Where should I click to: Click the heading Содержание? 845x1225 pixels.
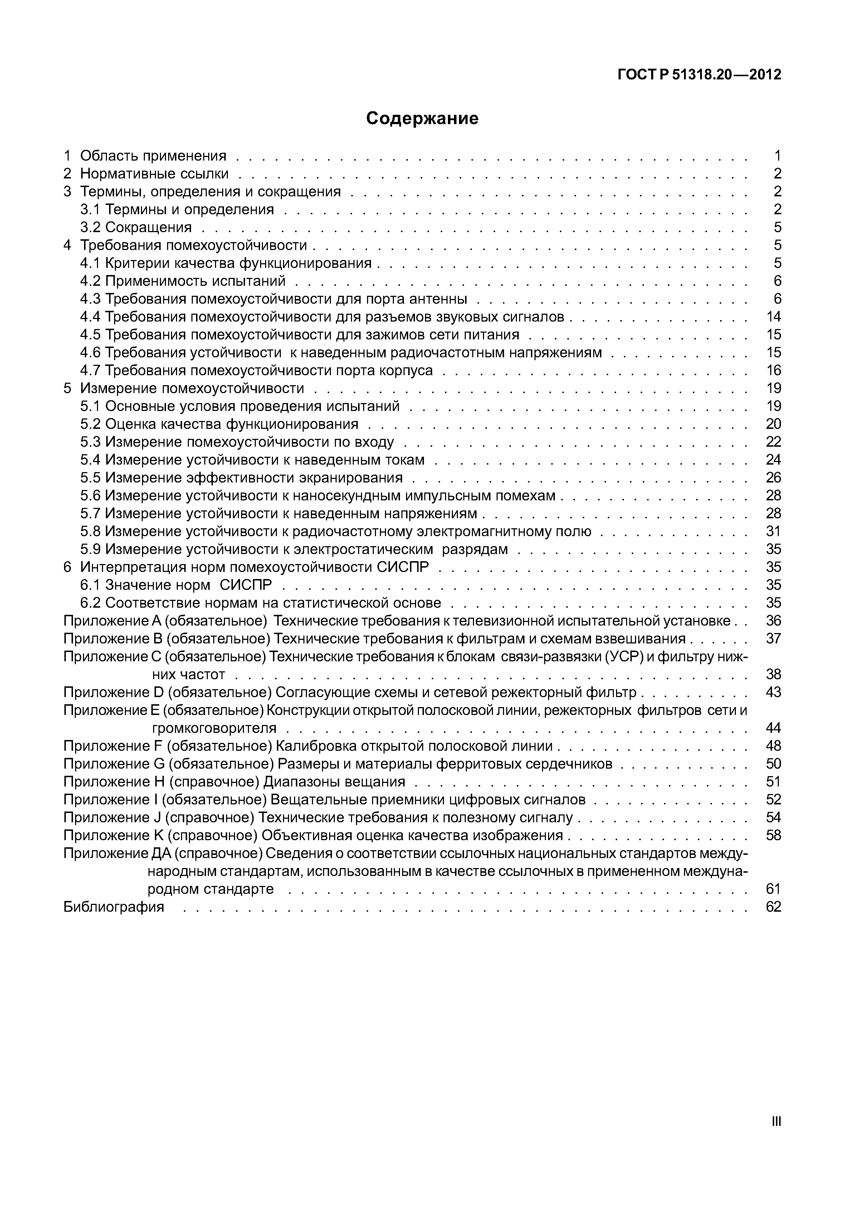[422, 118]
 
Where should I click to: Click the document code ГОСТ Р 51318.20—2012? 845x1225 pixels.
[699, 75]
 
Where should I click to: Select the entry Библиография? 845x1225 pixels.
[114, 907]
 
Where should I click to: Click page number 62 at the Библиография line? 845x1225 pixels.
[773, 907]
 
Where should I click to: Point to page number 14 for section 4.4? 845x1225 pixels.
[773, 317]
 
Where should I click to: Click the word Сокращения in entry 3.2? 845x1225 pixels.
[148, 227]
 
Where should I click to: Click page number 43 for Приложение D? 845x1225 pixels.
[773, 692]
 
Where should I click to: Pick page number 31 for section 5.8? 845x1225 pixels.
[773, 531]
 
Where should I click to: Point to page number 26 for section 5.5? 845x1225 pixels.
[773, 477]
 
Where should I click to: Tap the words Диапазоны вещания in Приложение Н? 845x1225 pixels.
[334, 781]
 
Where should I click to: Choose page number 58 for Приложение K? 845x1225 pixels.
[773, 836]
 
